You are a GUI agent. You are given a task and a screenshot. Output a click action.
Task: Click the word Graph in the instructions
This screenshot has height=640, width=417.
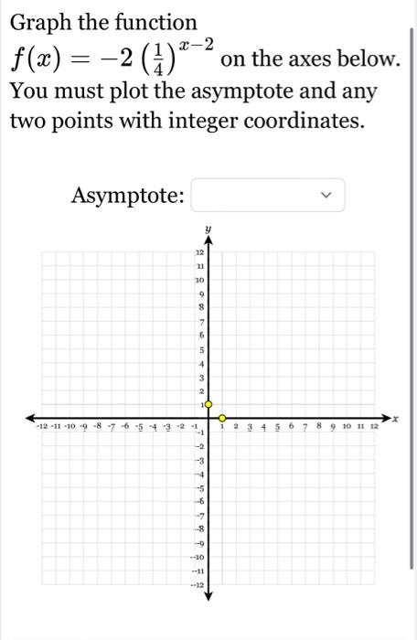tap(44, 22)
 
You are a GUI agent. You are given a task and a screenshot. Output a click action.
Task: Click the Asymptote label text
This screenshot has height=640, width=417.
tap(128, 196)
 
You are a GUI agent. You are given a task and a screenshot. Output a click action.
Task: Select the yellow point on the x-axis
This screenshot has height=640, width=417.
tap(221, 418)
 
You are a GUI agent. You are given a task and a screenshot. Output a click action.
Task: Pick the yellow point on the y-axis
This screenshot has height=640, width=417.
tap(208, 403)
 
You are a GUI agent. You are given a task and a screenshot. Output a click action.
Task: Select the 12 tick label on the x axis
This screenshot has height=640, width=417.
tap(373, 426)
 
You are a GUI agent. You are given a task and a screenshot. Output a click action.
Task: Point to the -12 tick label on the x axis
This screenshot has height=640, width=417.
tap(40, 426)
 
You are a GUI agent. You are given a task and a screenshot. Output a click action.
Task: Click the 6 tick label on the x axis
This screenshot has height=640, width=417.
tap(291, 426)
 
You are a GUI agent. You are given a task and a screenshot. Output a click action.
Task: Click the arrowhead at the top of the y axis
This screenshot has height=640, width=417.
tap(208, 240)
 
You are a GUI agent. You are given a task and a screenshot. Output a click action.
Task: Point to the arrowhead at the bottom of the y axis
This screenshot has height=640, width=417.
tap(208, 595)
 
